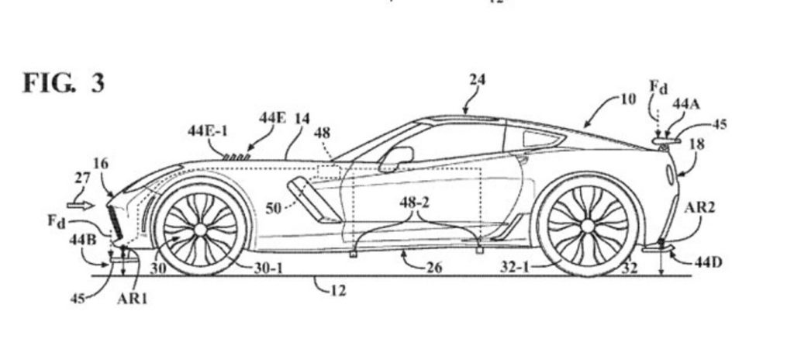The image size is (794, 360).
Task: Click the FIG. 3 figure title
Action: click(64, 84)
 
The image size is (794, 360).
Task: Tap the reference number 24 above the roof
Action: click(477, 80)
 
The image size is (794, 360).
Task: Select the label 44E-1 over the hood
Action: click(208, 131)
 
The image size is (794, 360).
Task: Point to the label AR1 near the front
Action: click(132, 299)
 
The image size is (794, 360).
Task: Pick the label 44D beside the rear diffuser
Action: click(709, 263)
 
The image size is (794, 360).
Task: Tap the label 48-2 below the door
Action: click(414, 202)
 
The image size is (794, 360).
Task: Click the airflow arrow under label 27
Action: click(81, 206)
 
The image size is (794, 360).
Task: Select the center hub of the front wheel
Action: click(200, 230)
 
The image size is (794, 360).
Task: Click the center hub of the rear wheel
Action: click(588, 226)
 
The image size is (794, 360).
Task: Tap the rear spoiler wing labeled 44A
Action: click(665, 141)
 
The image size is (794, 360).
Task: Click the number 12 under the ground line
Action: click(338, 290)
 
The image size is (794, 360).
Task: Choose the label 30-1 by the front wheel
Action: click(268, 268)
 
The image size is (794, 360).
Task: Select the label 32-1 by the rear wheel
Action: click(514, 267)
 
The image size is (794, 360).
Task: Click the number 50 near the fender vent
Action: click(273, 208)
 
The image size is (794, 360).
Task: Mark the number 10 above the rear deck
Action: click(627, 99)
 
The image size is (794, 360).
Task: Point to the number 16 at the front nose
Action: click(101, 163)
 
